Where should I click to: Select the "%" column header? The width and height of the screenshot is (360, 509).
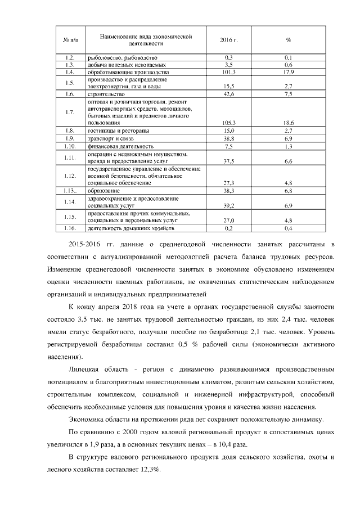click(x=288, y=40)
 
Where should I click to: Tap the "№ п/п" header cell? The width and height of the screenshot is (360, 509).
click(x=71, y=40)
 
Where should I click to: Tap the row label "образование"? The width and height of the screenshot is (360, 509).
click(x=105, y=191)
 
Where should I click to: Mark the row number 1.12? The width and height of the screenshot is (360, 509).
click(x=70, y=176)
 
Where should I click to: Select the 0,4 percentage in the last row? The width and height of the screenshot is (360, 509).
click(x=289, y=228)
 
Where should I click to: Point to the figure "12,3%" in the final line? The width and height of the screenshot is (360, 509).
click(x=149, y=471)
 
